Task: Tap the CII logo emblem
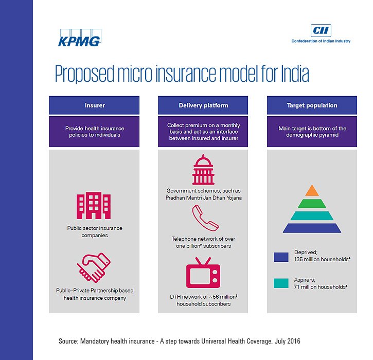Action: (x=321, y=29)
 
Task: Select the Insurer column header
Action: (x=94, y=105)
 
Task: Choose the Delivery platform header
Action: (x=203, y=105)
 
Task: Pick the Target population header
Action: (x=312, y=105)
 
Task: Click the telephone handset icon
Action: (x=204, y=218)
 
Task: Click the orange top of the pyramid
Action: (x=312, y=191)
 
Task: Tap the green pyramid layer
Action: (x=312, y=203)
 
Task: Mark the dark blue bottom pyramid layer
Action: (x=312, y=227)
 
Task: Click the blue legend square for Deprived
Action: (x=281, y=257)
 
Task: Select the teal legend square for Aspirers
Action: (x=281, y=283)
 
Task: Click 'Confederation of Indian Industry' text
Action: (x=321, y=41)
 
